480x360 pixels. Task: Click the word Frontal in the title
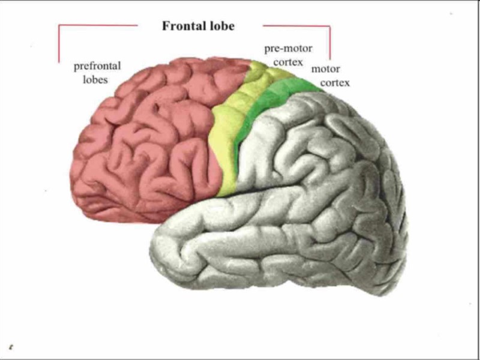pyautogui.click(x=182, y=26)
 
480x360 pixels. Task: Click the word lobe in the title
pyautogui.click(x=220, y=26)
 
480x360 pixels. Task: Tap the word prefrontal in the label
pyautogui.click(x=97, y=65)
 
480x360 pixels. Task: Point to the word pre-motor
pyautogui.click(x=288, y=49)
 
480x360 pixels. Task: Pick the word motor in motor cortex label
pyautogui.click(x=325, y=70)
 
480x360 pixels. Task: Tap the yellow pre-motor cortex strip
pyautogui.click(x=225, y=138)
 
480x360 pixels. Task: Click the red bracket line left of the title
pyautogui.click(x=96, y=26)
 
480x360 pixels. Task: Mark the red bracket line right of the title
pyautogui.click(x=297, y=26)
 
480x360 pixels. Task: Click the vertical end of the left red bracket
pyautogui.click(x=59, y=45)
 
